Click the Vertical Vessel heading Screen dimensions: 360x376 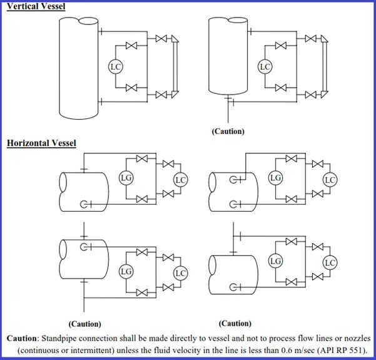coord(36,6)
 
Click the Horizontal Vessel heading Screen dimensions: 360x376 coord(41,143)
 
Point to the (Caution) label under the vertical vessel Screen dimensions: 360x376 coord(228,131)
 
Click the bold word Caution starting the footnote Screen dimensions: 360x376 coord(22,338)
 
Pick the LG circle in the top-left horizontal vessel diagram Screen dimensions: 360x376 coord(126,178)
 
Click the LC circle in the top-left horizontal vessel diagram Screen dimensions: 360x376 coord(181,180)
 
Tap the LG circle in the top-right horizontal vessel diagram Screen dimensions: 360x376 coord(275,178)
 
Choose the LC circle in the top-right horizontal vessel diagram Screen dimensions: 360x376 coord(330,180)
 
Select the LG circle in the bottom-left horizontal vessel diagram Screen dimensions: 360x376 coord(126,271)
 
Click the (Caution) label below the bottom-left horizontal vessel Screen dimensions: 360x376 coord(84,324)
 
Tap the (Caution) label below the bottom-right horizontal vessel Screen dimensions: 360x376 coord(235,324)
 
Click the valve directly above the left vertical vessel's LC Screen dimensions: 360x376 coord(131,46)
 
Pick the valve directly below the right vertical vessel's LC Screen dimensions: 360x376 coord(282,88)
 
